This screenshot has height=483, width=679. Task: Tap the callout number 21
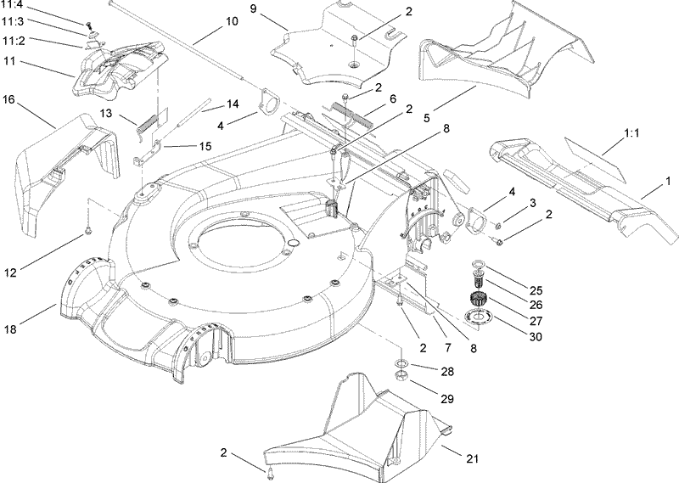pos(473,458)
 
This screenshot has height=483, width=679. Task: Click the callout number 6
pos(393,99)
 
